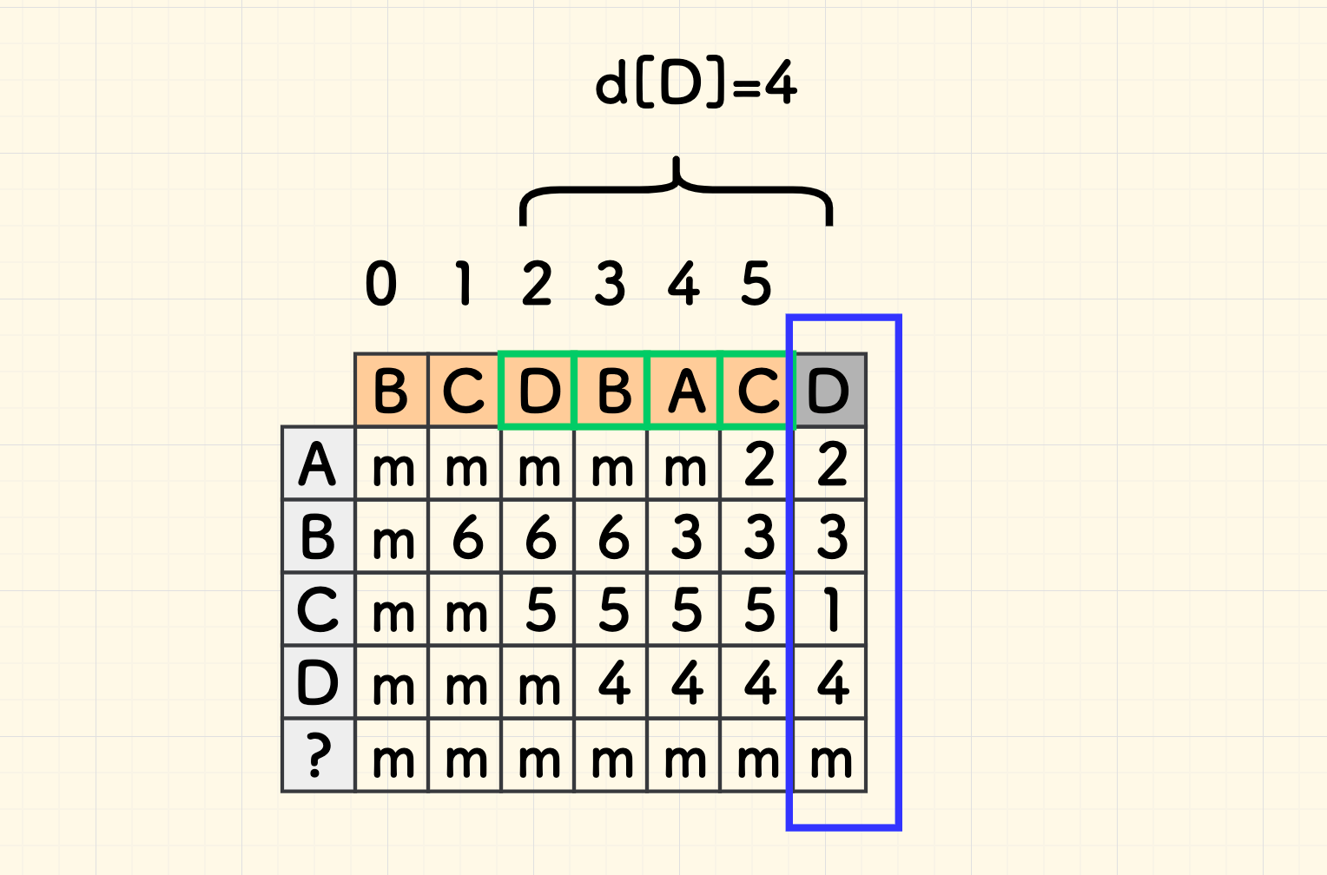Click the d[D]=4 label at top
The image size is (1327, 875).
(x=696, y=84)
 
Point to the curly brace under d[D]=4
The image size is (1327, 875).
(x=677, y=187)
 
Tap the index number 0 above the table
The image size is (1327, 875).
(x=381, y=284)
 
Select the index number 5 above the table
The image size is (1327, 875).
(x=756, y=284)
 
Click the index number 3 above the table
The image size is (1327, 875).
(x=610, y=284)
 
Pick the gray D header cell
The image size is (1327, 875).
(x=830, y=391)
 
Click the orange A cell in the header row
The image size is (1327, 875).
(x=685, y=391)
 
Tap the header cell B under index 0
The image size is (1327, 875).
(x=392, y=391)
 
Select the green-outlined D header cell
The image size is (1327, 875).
(x=538, y=391)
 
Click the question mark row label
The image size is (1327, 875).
(x=319, y=756)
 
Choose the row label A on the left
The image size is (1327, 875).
(x=319, y=464)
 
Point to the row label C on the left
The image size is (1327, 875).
(x=319, y=610)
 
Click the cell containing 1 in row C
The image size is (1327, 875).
(x=831, y=610)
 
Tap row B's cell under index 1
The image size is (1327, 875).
(x=466, y=537)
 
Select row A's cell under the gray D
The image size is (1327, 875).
(x=831, y=464)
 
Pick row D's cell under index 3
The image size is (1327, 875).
(x=612, y=683)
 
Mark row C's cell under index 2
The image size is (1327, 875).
(x=539, y=610)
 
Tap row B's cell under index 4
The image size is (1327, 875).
(x=685, y=537)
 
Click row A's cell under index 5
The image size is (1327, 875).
(x=758, y=464)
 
